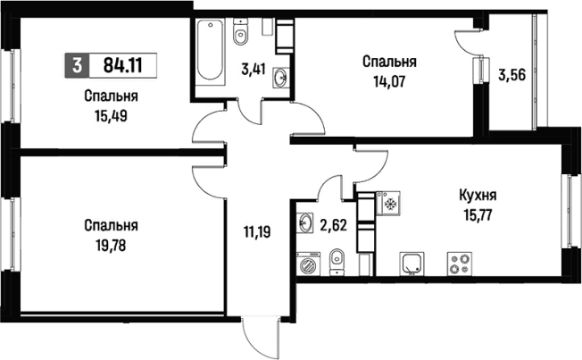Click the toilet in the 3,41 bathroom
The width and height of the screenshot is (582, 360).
tap(239, 35)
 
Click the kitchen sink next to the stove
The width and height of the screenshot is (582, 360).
tap(412, 263)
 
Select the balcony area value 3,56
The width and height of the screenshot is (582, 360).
tap(511, 75)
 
